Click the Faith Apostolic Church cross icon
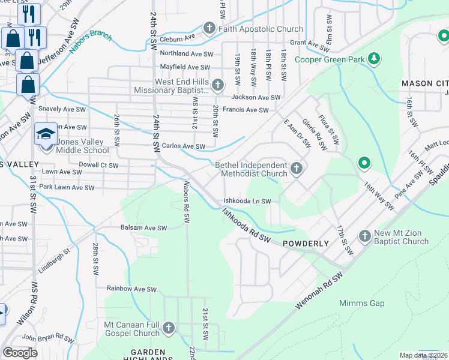click(209, 28)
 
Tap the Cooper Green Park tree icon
click(374, 59)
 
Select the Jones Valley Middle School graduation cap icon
click(46, 133)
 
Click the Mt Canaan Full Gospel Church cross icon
click(169, 328)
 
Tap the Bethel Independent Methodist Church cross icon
click(296, 169)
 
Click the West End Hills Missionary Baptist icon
click(217, 85)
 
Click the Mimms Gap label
click(361, 303)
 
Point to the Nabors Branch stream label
click(90, 43)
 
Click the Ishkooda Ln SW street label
click(247, 202)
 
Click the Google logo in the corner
click(20, 353)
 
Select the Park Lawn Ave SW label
click(67, 188)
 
